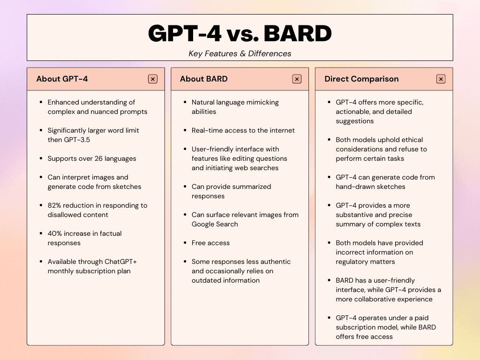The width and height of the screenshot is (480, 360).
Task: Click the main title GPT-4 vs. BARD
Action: coord(240,33)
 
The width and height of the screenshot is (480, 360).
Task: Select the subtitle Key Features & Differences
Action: coord(240,53)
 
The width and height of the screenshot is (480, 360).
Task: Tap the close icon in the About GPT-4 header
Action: coord(153,79)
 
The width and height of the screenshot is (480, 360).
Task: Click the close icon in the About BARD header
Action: coord(297,79)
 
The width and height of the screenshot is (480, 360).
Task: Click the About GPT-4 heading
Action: coord(62,79)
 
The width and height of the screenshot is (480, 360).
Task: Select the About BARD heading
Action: coord(203,79)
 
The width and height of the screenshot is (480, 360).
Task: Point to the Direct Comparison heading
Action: coord(361,79)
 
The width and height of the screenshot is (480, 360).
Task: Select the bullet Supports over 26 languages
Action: coord(92,158)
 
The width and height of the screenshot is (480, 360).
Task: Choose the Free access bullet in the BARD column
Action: coord(210,243)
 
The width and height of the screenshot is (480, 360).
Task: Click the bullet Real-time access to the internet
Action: coord(243,130)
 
